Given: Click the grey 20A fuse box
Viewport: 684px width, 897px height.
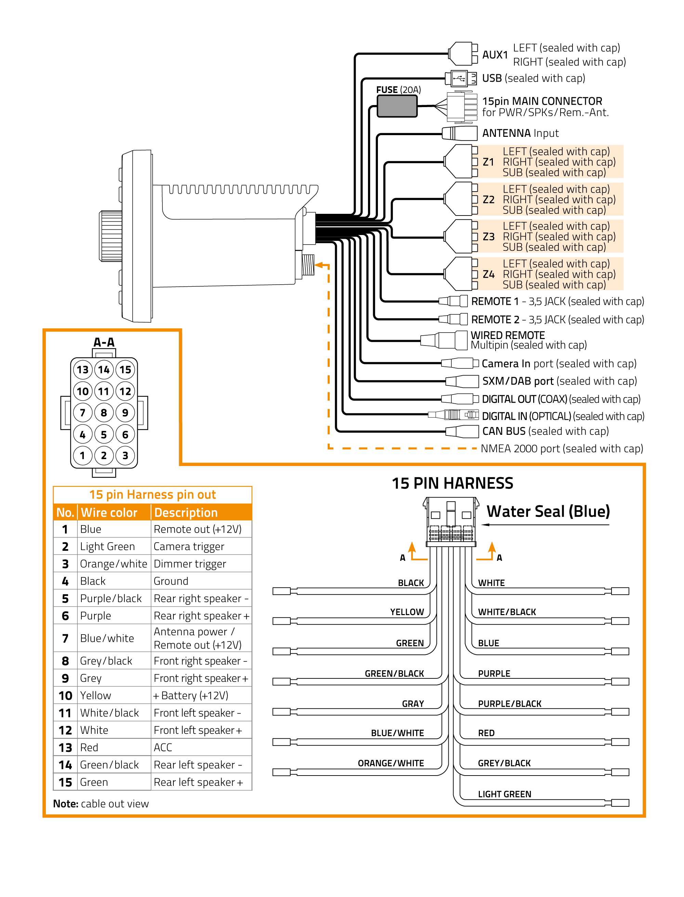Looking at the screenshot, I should point(397,106).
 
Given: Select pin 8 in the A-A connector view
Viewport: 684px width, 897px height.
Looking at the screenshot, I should point(104,413).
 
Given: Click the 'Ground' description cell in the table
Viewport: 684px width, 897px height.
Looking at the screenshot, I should point(171,581).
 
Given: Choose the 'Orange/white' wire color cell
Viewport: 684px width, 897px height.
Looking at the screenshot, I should point(113,564).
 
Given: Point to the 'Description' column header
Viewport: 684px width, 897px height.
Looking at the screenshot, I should point(186,512).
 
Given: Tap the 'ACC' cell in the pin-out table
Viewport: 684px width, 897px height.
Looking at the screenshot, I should point(163,747).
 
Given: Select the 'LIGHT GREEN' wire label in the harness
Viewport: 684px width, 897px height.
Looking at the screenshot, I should point(504,794).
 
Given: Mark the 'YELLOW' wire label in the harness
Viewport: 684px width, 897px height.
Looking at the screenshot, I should point(407,612).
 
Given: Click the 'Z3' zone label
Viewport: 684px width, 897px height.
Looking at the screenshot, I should point(489,237).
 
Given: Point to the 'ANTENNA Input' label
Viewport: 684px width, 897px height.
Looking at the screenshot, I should point(520,133).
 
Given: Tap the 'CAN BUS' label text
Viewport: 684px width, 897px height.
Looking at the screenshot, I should point(504,431).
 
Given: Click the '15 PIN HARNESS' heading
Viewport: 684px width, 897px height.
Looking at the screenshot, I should point(452,483).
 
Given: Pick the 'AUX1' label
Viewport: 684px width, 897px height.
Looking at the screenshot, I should point(495,55).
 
